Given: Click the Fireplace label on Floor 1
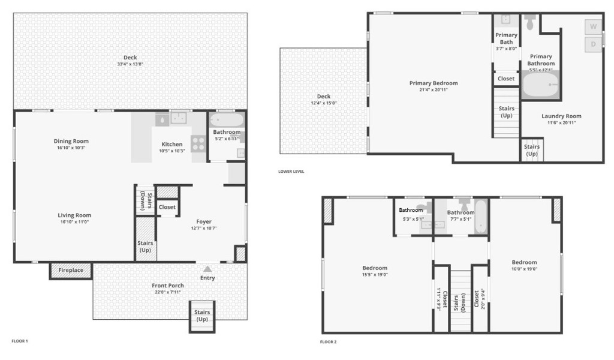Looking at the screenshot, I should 71,271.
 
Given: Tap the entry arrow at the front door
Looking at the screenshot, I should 207,269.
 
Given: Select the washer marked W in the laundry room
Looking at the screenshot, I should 593,26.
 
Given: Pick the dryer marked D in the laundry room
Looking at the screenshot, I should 593,44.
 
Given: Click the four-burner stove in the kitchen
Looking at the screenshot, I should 198,143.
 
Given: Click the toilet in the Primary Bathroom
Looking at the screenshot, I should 530,23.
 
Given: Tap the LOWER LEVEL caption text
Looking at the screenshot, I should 291,172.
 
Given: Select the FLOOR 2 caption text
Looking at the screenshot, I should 328,342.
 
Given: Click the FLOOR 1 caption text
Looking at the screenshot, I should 20,341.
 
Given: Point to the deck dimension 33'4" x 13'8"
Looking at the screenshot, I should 130,64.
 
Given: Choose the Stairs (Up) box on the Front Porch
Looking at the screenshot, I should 202,316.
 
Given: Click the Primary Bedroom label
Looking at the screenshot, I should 434,83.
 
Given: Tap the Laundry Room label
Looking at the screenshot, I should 561,116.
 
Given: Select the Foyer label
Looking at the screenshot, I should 204,221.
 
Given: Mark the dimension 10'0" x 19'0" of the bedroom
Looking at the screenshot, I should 524,269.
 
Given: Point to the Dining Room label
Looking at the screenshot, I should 71,141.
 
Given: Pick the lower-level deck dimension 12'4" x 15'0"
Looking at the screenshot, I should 323,103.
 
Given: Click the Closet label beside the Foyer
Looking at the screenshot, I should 167,207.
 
